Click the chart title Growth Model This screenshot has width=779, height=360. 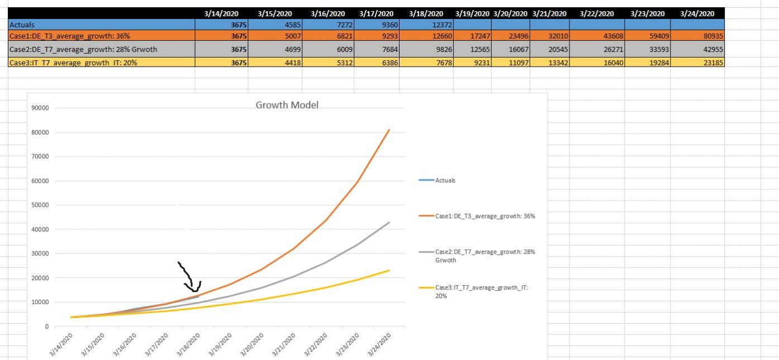click(x=287, y=105)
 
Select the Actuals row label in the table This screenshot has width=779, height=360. click(x=22, y=25)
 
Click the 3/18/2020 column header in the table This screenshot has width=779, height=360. click(x=426, y=13)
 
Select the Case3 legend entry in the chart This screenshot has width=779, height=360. click(x=481, y=288)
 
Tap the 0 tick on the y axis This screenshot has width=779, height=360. click(x=46, y=326)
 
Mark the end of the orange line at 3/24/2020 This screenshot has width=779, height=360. click(x=389, y=130)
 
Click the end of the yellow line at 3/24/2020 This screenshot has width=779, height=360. click(x=389, y=271)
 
